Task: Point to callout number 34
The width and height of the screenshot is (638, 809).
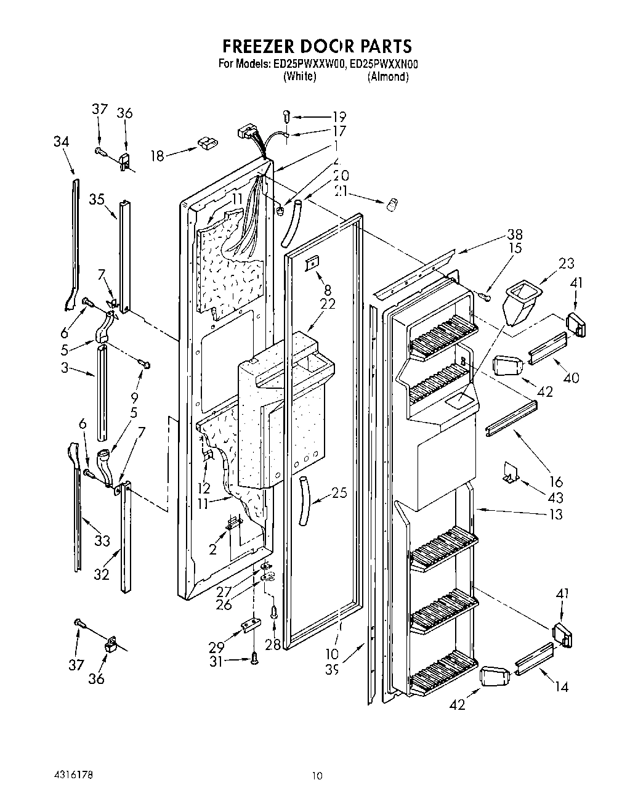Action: pyautogui.click(x=61, y=142)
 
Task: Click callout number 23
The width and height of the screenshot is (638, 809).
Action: pyautogui.click(x=566, y=264)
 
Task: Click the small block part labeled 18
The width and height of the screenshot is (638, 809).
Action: pyautogui.click(x=204, y=144)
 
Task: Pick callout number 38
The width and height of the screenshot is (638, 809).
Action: pyautogui.click(x=514, y=234)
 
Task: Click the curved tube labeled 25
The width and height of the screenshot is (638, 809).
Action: pyautogui.click(x=304, y=500)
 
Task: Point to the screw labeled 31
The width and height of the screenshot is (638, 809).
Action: pyautogui.click(x=254, y=659)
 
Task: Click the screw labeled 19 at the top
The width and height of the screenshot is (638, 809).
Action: pyautogui.click(x=287, y=115)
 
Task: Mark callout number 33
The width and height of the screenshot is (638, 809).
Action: pyautogui.click(x=102, y=540)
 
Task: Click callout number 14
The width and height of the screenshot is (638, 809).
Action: pyautogui.click(x=560, y=687)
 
